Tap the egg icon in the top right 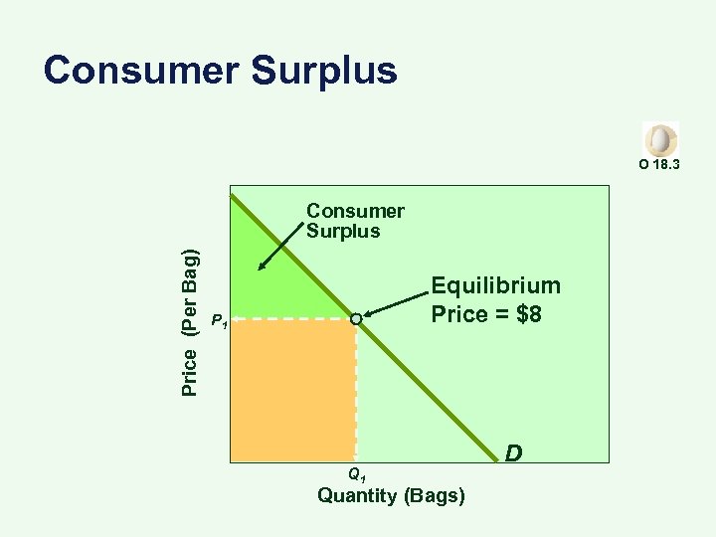[660, 138]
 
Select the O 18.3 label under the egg [659, 163]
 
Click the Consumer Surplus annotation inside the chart [355, 221]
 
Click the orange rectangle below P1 [292, 390]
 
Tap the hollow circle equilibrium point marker [356, 319]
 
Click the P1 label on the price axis [220, 320]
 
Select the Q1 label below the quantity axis [356, 474]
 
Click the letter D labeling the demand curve [513, 453]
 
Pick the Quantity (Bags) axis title [391, 495]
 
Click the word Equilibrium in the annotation [495, 286]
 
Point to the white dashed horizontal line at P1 [288, 319]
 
